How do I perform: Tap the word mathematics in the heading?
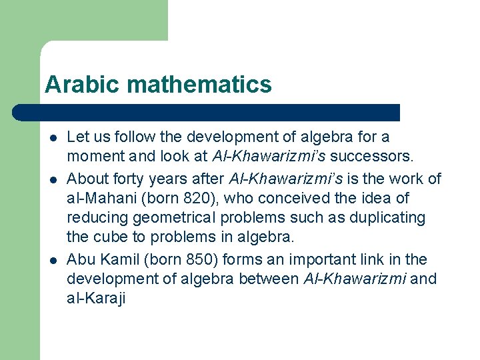[199, 85]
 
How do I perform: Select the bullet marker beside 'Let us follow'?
[51, 138]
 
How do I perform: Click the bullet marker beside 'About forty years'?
[51, 179]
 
